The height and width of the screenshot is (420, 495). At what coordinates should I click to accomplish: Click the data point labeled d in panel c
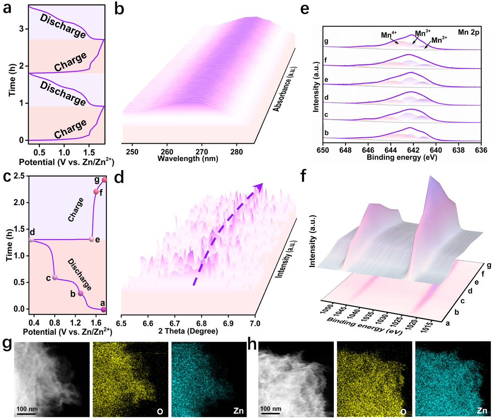tap(32, 240)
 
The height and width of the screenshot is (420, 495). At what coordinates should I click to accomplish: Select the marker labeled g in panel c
tap(104, 180)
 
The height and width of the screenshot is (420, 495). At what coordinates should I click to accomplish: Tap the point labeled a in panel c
tap(103, 309)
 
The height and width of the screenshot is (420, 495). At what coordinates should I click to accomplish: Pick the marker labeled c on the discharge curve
tap(55, 278)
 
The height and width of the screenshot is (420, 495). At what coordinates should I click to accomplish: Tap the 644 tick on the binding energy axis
tap(390, 150)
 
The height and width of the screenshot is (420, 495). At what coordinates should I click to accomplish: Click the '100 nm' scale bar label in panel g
tap(27, 409)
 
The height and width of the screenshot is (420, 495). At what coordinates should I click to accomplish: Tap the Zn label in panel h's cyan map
tap(482, 411)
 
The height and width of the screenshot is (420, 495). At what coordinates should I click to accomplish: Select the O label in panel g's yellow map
tap(160, 412)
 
